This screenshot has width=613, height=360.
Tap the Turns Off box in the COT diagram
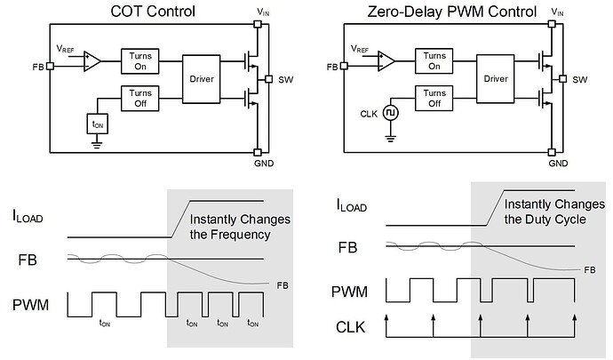[x=137, y=98]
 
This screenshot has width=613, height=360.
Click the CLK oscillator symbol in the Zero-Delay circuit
[x=390, y=113]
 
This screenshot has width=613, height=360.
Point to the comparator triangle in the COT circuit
[x=91, y=61]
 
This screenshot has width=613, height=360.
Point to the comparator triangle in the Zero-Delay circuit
[x=385, y=61]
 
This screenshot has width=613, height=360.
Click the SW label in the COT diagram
[x=285, y=80]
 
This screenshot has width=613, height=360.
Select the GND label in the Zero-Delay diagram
[x=558, y=164]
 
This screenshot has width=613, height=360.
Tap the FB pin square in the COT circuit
[x=51, y=66]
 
